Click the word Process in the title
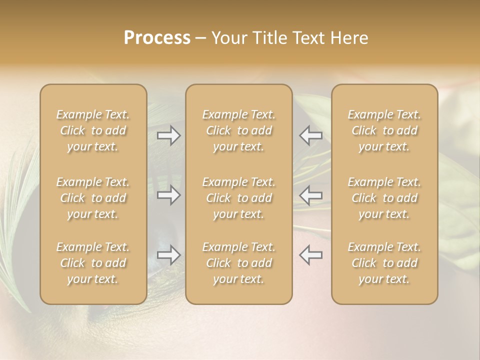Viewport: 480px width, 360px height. coord(157,38)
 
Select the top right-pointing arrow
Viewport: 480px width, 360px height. coord(168,135)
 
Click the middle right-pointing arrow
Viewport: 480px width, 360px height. coord(168,195)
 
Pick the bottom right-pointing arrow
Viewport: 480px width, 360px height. coord(168,255)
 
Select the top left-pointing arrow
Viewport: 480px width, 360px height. coord(311,135)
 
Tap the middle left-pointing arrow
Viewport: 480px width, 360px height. coord(311,195)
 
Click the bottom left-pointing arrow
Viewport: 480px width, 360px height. coord(311,255)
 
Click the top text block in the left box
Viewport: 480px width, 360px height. coord(93,130)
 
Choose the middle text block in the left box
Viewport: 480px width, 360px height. coord(93,198)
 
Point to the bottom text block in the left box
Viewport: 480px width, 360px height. coord(93,263)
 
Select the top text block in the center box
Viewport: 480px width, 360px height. coord(238,130)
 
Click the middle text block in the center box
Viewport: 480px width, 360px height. coord(238,198)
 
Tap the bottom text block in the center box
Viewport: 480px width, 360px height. coord(238,263)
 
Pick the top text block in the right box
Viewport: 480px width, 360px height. coord(384,130)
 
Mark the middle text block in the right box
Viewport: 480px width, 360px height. coord(384,198)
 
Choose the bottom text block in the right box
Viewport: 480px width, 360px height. coord(384,263)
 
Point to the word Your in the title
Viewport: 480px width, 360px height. coord(229,38)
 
